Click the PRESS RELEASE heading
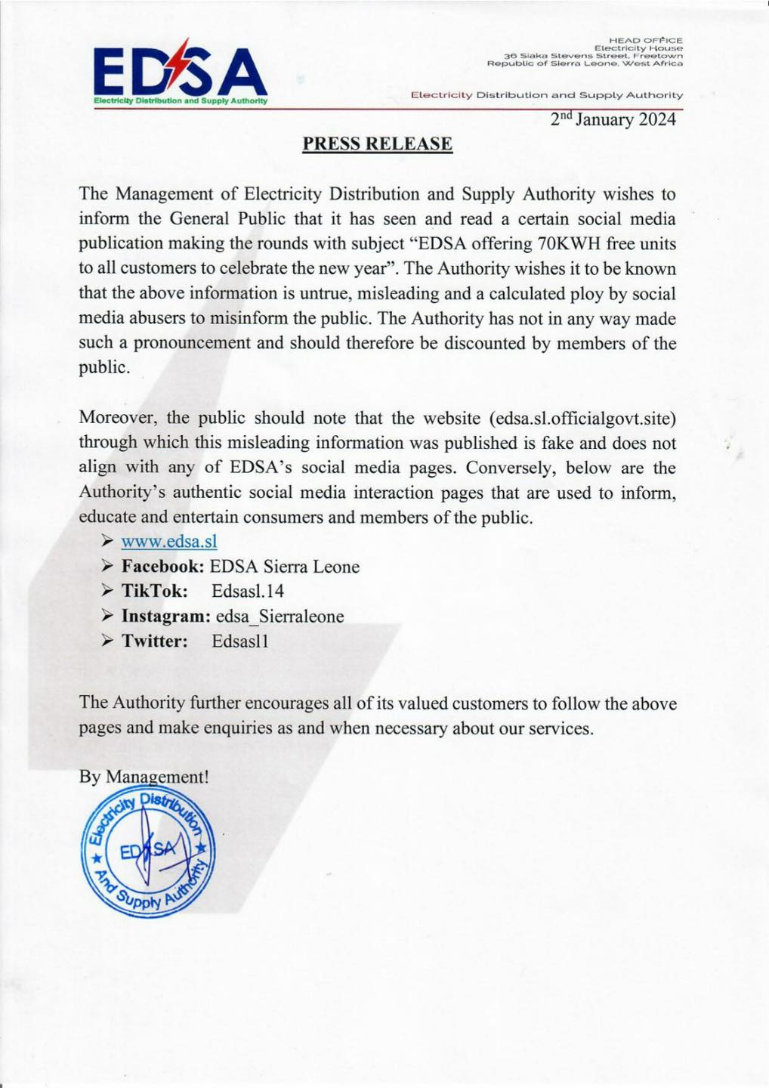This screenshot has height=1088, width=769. coord(377,144)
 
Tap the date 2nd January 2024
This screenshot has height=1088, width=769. coord(613,120)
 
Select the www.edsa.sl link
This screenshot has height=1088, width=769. coord(168,541)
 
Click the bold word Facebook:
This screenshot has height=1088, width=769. coord(162,567)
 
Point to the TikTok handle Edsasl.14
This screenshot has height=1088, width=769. coord(248,591)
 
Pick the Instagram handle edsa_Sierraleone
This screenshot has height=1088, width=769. coord(279,617)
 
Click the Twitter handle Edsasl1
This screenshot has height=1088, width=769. coord(240,641)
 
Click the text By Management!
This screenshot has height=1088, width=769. coord(144,777)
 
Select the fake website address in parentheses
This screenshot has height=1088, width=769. coord(582,419)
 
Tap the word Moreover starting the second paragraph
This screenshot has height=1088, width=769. coord(119,419)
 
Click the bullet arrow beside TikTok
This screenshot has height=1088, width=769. coord(107,591)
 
